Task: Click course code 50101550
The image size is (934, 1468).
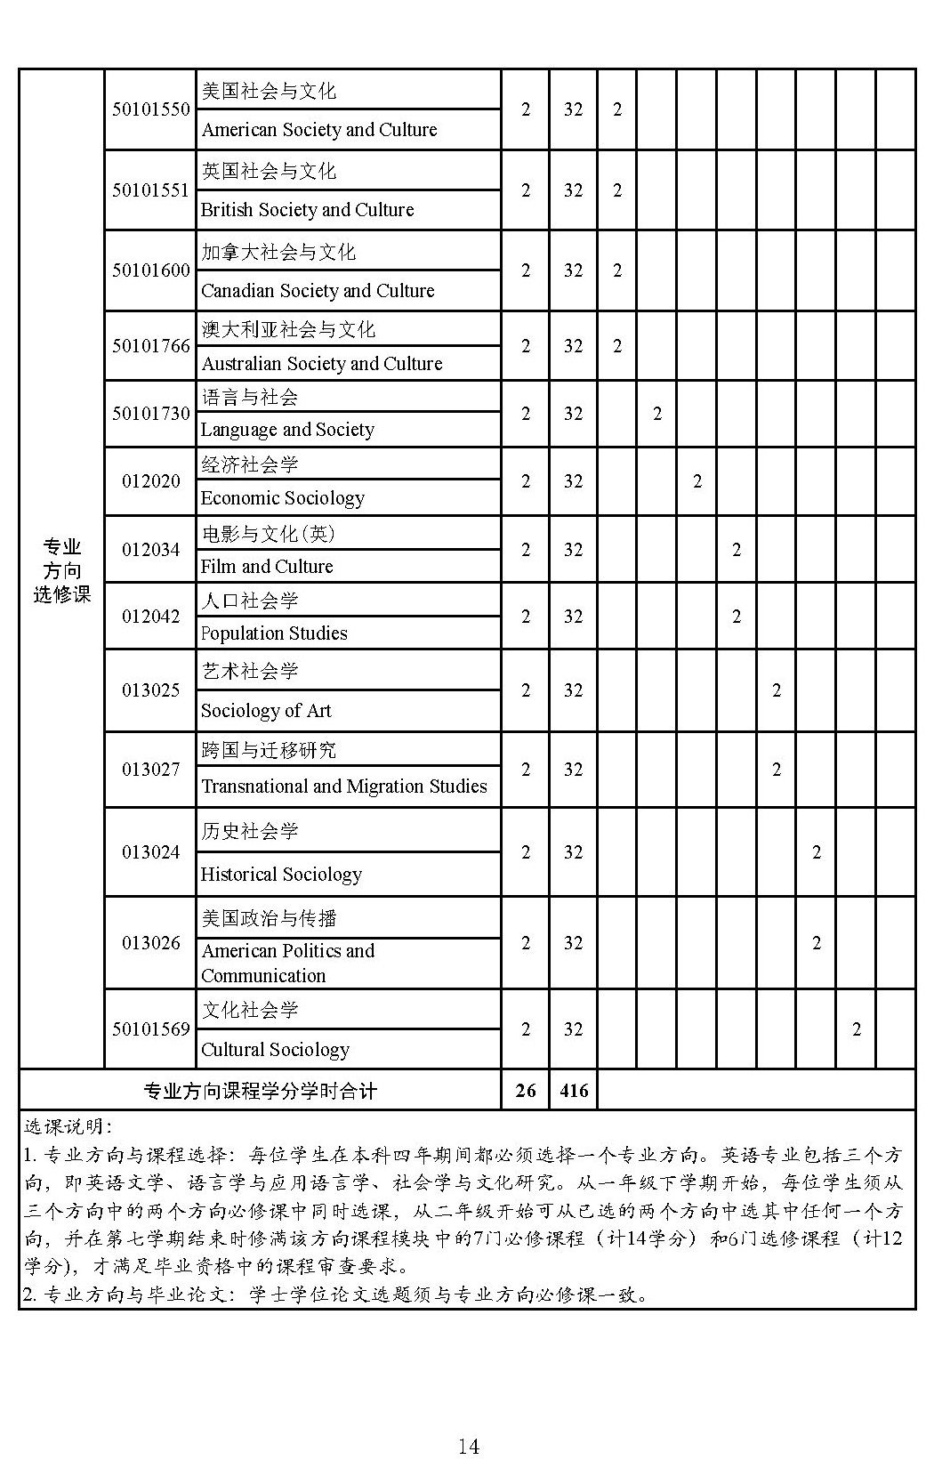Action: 150,109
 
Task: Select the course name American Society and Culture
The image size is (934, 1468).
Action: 319,130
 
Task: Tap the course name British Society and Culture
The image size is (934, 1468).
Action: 307,210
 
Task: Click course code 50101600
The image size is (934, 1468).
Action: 150,270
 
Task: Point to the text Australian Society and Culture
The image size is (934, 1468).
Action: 321,364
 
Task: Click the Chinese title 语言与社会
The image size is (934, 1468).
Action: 249,397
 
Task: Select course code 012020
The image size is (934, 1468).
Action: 150,481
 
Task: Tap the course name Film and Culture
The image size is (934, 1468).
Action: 267,567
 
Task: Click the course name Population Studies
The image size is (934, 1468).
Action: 274,633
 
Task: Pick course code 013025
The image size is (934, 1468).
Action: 150,690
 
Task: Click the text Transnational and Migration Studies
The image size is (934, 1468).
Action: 344,786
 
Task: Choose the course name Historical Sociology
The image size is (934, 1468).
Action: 281,875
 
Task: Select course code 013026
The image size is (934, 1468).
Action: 150,943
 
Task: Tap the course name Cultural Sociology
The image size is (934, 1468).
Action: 275,1050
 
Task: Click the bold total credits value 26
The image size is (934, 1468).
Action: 526,1091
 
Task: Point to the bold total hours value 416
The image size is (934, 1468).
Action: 574,1091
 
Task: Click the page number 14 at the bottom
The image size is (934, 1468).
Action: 468,1447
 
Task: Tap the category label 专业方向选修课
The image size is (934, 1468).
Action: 62,570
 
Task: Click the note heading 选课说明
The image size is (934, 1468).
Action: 68,1128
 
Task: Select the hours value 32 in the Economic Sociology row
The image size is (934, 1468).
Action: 574,481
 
